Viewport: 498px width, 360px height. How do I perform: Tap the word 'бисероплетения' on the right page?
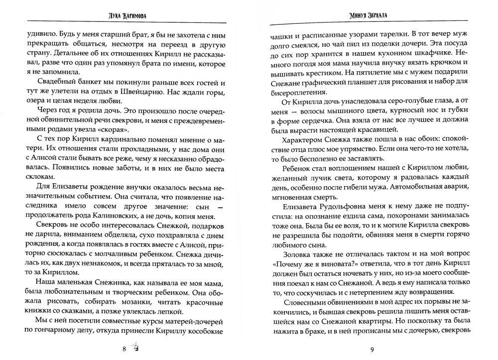pyautogui.click(x=294, y=92)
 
